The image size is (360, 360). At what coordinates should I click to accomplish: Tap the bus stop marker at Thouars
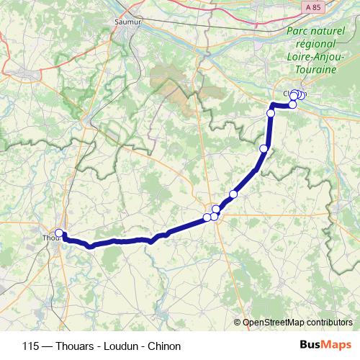pos(60,233)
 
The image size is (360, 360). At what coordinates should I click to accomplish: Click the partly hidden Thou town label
pos(50,238)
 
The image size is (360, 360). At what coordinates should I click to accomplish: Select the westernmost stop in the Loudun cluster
pos(207,217)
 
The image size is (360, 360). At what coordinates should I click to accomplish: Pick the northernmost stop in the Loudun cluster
pos(216,210)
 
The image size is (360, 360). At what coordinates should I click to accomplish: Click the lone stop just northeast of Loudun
pos(233,194)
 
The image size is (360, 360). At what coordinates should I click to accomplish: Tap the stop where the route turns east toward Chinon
pos(271,113)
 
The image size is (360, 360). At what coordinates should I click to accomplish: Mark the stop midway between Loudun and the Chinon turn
pos(264,149)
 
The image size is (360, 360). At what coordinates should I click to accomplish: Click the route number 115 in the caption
pos(31,346)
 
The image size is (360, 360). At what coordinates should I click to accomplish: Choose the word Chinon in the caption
pos(164,346)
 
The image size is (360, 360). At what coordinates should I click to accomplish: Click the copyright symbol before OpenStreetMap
pos(238,323)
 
